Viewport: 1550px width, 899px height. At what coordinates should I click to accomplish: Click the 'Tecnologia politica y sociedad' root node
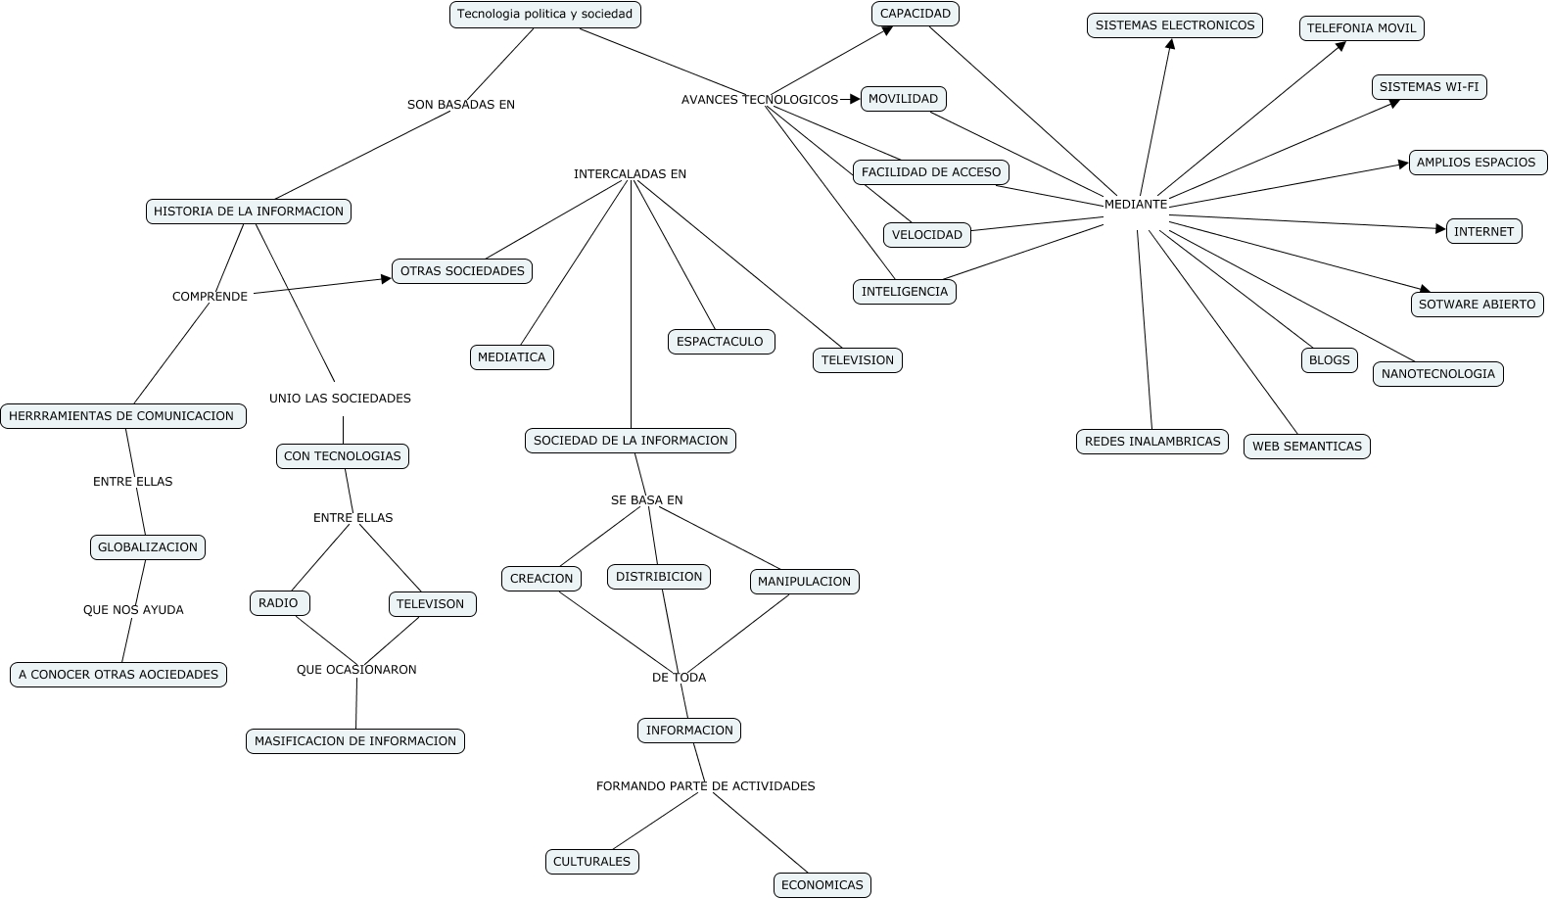[545, 15]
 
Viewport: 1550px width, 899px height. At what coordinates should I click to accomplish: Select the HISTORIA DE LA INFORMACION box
[249, 212]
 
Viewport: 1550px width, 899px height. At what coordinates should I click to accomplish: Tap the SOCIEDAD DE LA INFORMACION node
[631, 441]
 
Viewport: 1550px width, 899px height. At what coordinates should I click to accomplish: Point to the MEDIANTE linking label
[1136, 205]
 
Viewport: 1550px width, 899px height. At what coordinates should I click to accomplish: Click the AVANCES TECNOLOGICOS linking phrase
[760, 100]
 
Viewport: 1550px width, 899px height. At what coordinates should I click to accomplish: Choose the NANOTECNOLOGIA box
[1437, 374]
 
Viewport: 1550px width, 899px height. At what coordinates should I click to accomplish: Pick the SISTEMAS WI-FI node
[1429, 87]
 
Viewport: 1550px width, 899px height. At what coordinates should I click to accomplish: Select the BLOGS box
[1329, 360]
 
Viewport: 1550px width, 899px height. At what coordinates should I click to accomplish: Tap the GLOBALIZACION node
[148, 547]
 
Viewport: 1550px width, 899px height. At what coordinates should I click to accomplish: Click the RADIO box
[279, 603]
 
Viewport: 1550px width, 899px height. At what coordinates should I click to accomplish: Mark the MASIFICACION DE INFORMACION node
[355, 741]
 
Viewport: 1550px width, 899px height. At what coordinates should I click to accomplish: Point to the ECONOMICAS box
[822, 885]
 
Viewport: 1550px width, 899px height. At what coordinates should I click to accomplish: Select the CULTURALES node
[591, 862]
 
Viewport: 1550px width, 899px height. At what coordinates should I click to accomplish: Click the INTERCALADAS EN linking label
[630, 174]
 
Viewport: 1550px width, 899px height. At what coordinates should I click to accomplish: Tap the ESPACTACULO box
[721, 342]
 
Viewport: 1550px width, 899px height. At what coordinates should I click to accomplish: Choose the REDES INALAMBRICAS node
[1151, 442]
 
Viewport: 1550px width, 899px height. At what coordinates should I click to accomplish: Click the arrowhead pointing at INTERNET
[1440, 229]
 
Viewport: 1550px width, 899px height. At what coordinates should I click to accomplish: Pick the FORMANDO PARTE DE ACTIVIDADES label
[705, 786]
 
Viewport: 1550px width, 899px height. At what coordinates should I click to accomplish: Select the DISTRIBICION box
[659, 577]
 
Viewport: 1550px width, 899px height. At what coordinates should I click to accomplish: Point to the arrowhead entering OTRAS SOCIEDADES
[386, 279]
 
